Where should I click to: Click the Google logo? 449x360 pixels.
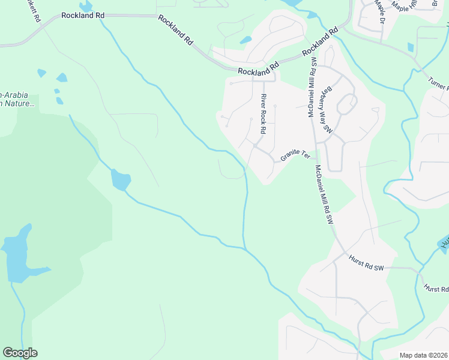pyautogui.click(x=20, y=353)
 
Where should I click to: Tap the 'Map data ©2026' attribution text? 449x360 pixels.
pyautogui.click(x=423, y=355)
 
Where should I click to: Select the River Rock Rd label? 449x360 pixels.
pyautogui.click(x=263, y=114)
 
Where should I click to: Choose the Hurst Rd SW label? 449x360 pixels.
pyautogui.click(x=366, y=263)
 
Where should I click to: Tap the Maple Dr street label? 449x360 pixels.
pyautogui.click(x=380, y=14)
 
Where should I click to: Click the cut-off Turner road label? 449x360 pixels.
pyautogui.click(x=439, y=84)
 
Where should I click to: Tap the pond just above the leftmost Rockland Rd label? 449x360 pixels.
pyautogui.click(x=86, y=7)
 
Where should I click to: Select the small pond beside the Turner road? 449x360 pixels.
pyautogui.click(x=411, y=47)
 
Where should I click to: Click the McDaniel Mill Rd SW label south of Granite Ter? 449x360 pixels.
pyautogui.click(x=324, y=195)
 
